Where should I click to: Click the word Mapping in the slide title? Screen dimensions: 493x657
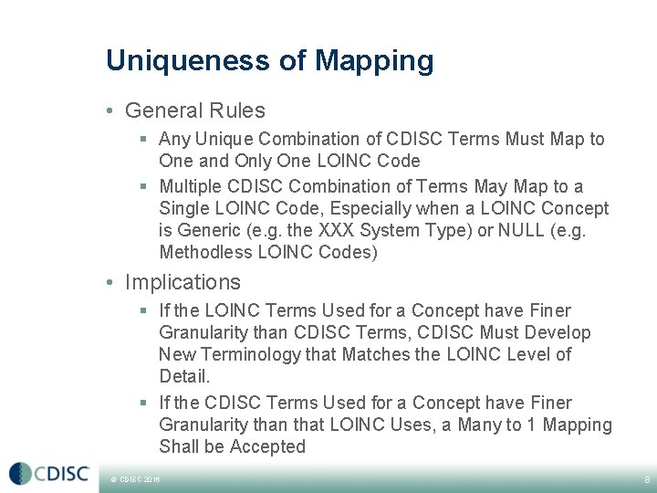(374, 62)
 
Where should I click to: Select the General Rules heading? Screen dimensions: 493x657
(194, 110)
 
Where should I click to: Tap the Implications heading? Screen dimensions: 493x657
(182, 282)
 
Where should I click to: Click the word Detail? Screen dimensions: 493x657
(184, 376)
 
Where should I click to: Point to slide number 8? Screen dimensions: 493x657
(647, 478)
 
